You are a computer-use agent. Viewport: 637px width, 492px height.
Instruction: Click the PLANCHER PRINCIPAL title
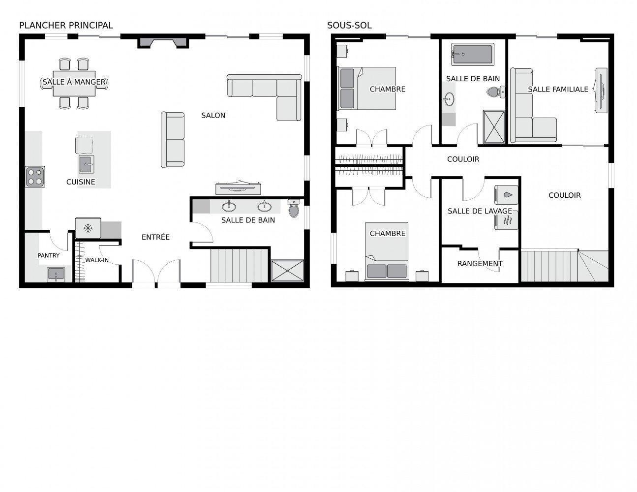tap(66, 25)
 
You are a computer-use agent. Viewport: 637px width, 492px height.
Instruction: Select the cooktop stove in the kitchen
tap(35, 177)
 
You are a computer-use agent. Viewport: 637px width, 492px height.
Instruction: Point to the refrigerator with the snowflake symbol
tap(88, 228)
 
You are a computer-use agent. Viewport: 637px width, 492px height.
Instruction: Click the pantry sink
tap(56, 274)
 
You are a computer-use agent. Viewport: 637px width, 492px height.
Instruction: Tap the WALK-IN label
tap(97, 260)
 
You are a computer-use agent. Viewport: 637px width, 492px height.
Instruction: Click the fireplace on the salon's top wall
tap(163, 42)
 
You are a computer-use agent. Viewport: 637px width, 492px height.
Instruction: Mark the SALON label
tap(213, 116)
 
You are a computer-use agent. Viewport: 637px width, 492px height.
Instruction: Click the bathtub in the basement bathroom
tap(472, 54)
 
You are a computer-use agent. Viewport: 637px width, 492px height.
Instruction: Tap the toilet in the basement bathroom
tap(494, 92)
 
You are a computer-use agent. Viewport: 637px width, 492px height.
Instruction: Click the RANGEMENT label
tap(480, 264)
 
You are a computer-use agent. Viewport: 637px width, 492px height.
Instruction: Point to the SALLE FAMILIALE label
tap(558, 90)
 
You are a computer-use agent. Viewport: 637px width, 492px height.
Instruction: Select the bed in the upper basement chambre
tap(366, 88)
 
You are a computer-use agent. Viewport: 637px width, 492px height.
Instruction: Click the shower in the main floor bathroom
tap(288, 271)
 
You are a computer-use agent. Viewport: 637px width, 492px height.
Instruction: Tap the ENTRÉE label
tap(155, 237)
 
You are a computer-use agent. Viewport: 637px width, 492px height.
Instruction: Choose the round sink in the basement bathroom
tap(449, 100)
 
